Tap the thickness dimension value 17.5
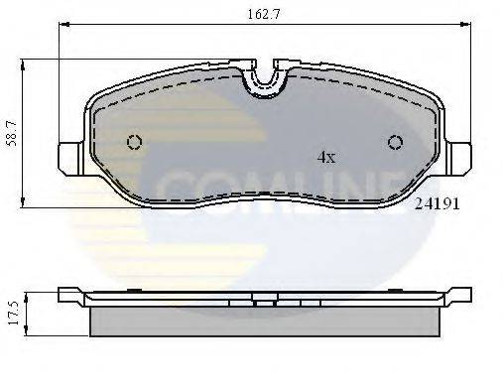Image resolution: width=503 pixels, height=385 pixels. (x=12, y=309)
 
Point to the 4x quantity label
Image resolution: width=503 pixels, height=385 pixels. (x=325, y=157)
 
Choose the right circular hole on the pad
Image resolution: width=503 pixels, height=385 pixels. (x=395, y=142)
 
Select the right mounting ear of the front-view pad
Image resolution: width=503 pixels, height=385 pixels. (x=460, y=157)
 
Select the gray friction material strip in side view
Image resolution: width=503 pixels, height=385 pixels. (x=266, y=320)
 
